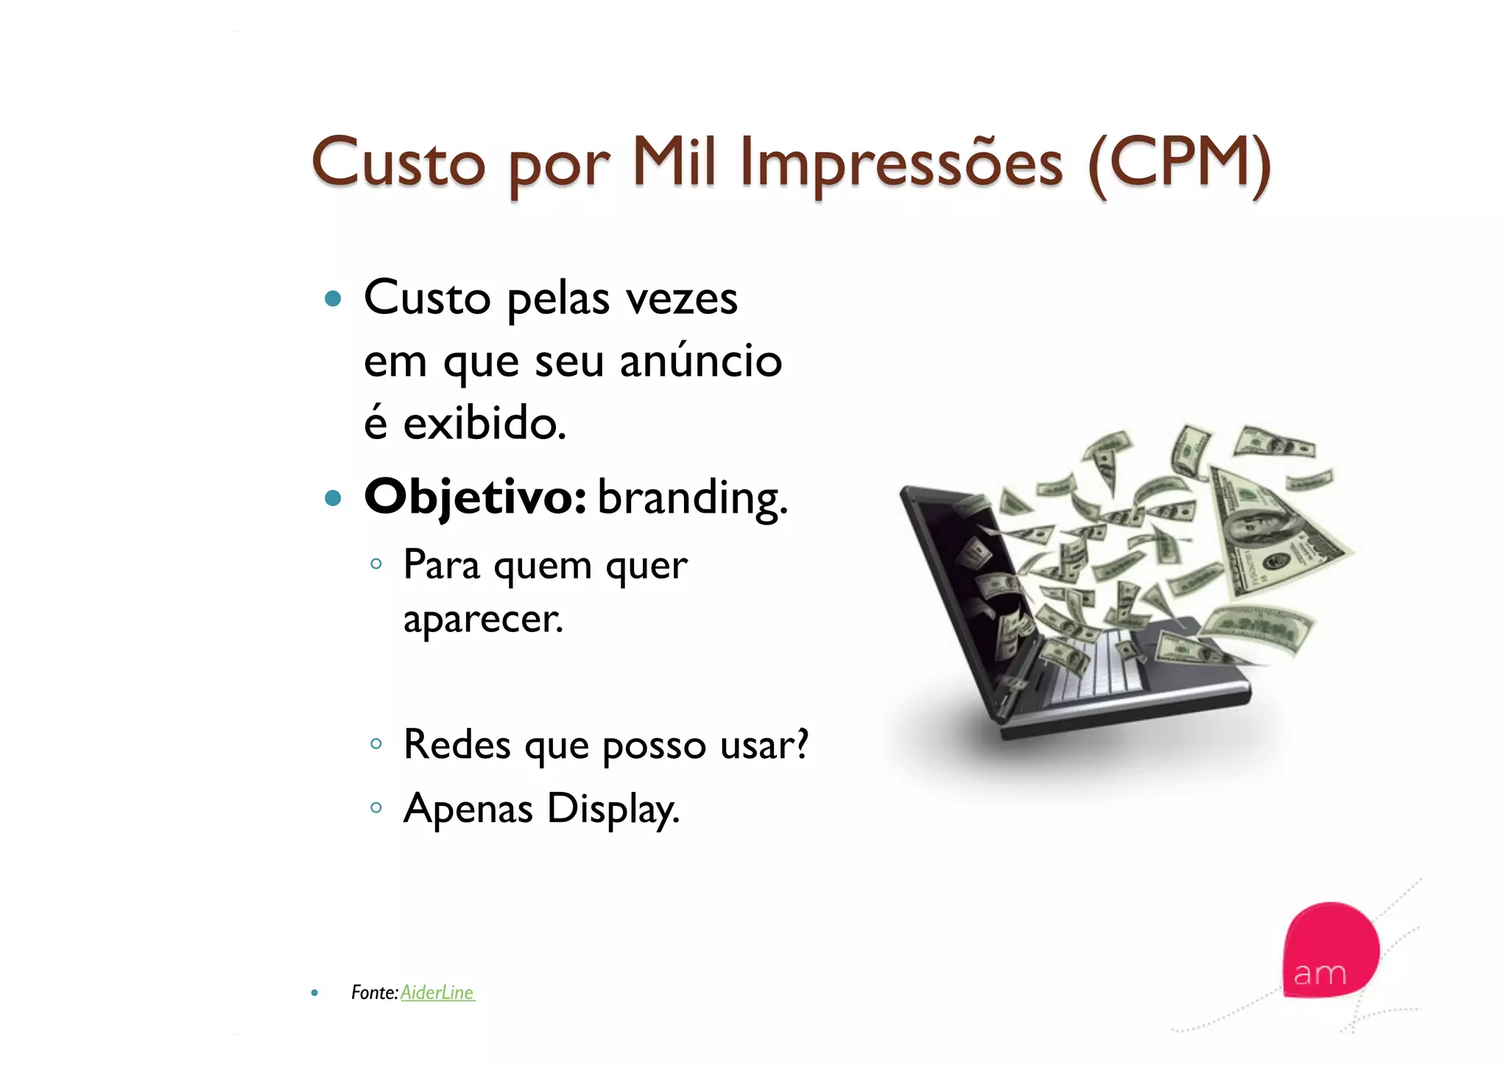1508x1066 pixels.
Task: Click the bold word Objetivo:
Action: coord(475,497)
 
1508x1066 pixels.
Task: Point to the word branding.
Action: coord(692,499)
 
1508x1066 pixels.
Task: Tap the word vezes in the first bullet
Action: coord(681,298)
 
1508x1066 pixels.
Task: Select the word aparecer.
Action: coord(483,619)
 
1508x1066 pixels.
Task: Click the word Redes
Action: coord(457,744)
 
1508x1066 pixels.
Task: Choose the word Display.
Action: coord(613,809)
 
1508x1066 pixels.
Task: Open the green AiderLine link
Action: coord(437,992)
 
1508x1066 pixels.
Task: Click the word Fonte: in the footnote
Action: coord(374,992)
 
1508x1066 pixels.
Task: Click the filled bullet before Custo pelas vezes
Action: coord(333,298)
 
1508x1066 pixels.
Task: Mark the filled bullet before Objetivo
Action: coord(333,499)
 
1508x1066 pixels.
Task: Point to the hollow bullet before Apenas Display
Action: coord(376,807)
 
